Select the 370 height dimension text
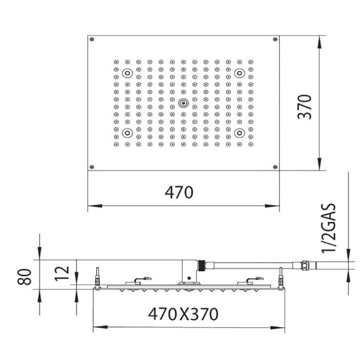click(x=306, y=106)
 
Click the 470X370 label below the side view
click(x=183, y=313)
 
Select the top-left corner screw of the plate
click(x=92, y=39)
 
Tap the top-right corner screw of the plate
click(x=275, y=39)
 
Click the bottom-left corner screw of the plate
click(x=92, y=167)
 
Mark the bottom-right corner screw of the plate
click(x=275, y=167)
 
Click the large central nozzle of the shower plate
click(x=183, y=103)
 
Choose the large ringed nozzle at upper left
click(x=127, y=73)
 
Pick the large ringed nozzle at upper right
click(x=239, y=73)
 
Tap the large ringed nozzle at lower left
click(x=127, y=133)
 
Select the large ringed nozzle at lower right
click(x=239, y=133)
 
